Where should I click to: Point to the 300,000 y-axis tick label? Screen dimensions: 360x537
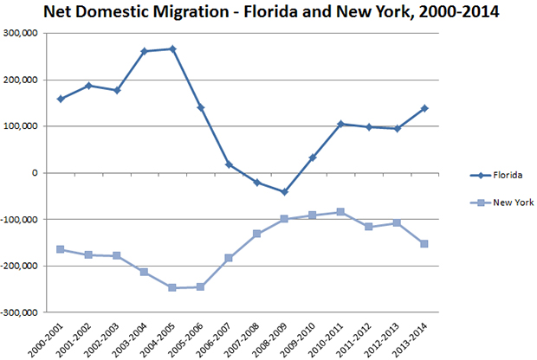click(23, 33)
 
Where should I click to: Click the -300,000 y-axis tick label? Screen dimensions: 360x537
click(22, 312)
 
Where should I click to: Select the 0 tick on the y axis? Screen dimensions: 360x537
click(37, 172)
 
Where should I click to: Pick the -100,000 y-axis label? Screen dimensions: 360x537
click(22, 219)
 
